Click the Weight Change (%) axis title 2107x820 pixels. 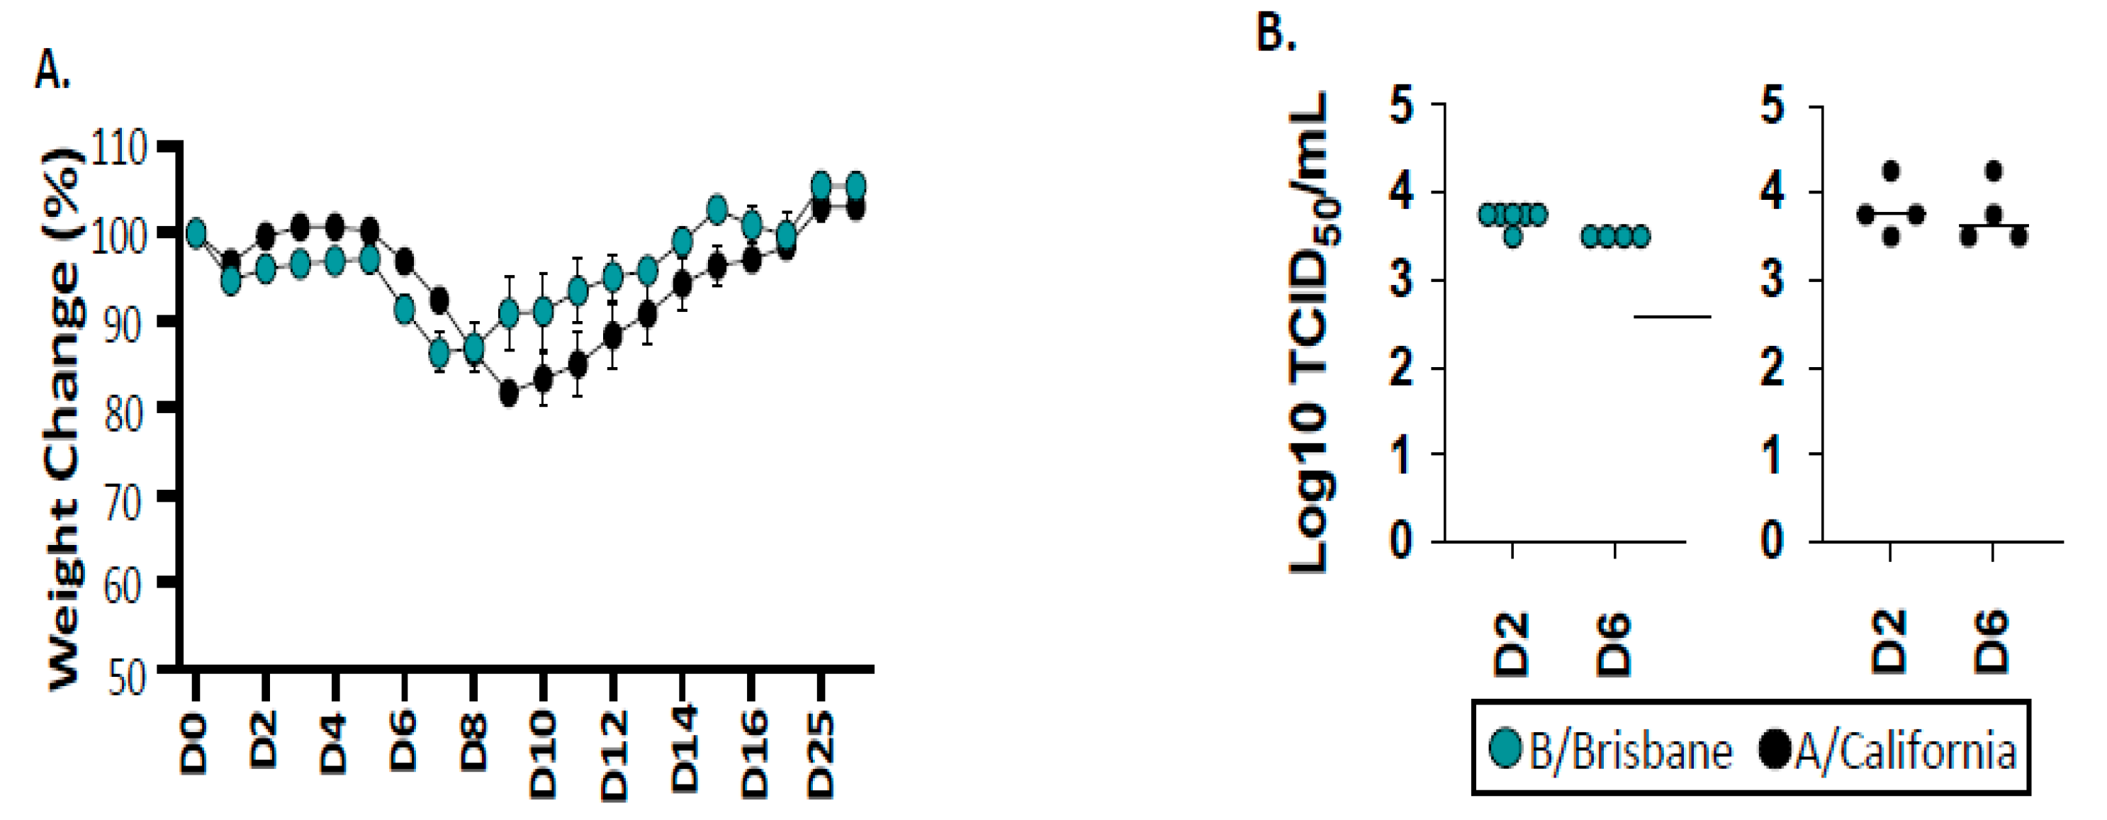point(64,417)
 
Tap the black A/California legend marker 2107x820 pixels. point(1775,749)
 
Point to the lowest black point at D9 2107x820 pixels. point(509,393)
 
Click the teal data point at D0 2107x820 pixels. point(196,235)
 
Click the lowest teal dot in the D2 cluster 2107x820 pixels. point(1513,237)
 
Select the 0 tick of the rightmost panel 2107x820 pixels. point(1773,541)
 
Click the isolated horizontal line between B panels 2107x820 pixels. point(1673,317)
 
